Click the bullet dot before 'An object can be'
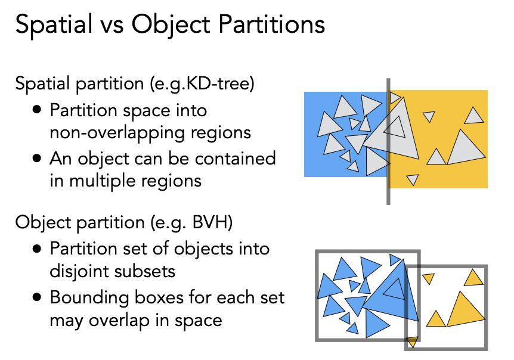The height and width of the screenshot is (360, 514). click(x=38, y=159)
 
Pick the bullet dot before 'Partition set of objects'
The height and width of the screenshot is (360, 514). click(x=38, y=249)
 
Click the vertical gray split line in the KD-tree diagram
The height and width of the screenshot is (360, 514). click(x=388, y=143)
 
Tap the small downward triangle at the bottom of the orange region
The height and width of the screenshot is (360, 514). click(x=413, y=179)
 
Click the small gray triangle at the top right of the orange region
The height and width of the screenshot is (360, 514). click(x=474, y=114)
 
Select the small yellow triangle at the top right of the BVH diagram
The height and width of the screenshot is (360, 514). click(x=474, y=278)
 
